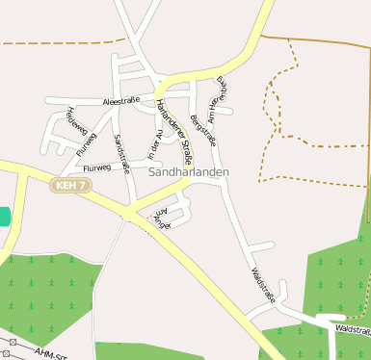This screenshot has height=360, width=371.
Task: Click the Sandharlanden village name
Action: pyautogui.click(x=190, y=170)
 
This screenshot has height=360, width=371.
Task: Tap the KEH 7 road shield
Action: pyautogui.click(x=71, y=184)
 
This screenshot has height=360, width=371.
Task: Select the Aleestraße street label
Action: pyautogui.click(x=119, y=99)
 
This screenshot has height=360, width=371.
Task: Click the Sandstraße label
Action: pyautogui.click(x=121, y=152)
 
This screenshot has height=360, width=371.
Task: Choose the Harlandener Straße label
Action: pyautogui.click(x=173, y=124)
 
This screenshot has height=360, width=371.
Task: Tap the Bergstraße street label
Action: pyautogui.click(x=203, y=128)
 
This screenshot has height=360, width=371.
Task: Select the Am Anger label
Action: pyautogui.click(x=160, y=219)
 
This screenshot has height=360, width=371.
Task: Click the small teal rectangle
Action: pyautogui.click(x=4, y=216)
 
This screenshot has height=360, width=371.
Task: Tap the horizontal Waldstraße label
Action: pyautogui.click(x=353, y=329)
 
